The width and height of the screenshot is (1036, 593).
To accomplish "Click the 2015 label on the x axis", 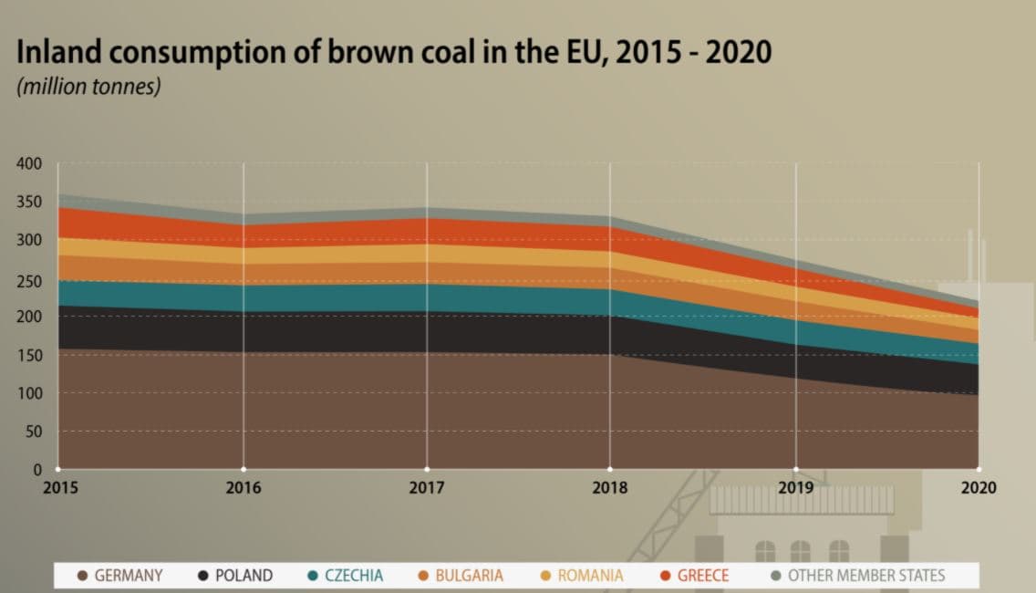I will [60, 487].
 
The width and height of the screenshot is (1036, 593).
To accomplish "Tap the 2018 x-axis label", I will [609, 487].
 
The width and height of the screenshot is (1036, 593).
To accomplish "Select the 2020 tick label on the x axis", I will [979, 487].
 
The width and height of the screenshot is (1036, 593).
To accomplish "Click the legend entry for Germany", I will [128, 576].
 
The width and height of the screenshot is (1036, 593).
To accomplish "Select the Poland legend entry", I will [243, 576].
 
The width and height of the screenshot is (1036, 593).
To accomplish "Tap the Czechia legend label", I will [353, 576].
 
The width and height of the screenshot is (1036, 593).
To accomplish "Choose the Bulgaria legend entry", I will [468, 576].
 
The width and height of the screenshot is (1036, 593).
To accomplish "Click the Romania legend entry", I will [590, 576].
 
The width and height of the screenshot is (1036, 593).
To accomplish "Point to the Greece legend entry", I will [702, 576].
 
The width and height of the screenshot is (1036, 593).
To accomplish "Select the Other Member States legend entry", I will [865, 576].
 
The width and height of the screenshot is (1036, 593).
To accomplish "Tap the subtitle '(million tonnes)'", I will [88, 88].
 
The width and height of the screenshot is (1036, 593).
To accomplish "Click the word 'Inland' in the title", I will [60, 52].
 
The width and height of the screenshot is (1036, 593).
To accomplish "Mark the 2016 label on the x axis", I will [243, 487].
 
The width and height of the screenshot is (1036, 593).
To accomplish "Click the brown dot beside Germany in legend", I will [83, 576].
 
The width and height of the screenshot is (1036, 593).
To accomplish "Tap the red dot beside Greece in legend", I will [665, 576].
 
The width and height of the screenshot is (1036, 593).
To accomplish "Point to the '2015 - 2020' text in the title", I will [692, 52].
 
